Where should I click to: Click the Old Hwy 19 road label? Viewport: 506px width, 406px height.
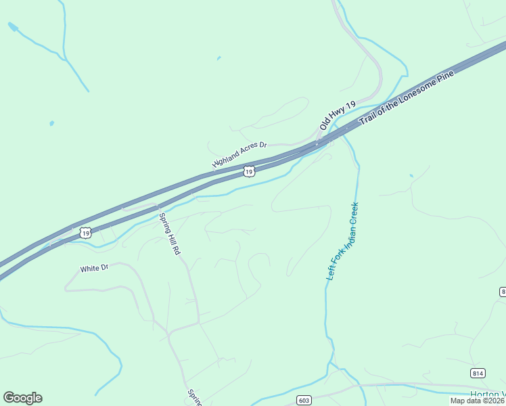(338, 116)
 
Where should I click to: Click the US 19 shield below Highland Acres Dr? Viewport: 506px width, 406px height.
(249, 172)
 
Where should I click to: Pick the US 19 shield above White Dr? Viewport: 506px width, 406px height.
(85, 233)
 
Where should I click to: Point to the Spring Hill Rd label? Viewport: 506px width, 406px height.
(170, 233)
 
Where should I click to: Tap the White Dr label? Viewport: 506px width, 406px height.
(94, 269)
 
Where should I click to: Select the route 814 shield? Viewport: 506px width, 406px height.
(478, 373)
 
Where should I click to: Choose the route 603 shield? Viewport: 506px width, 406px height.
(303, 401)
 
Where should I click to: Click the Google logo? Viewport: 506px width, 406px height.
(22, 398)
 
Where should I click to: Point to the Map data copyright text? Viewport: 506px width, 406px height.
(478, 401)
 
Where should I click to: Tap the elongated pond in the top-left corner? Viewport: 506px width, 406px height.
(13, 26)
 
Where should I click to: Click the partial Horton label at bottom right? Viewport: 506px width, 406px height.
(488, 394)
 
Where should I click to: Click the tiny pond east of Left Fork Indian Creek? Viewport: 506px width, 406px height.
(411, 176)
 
